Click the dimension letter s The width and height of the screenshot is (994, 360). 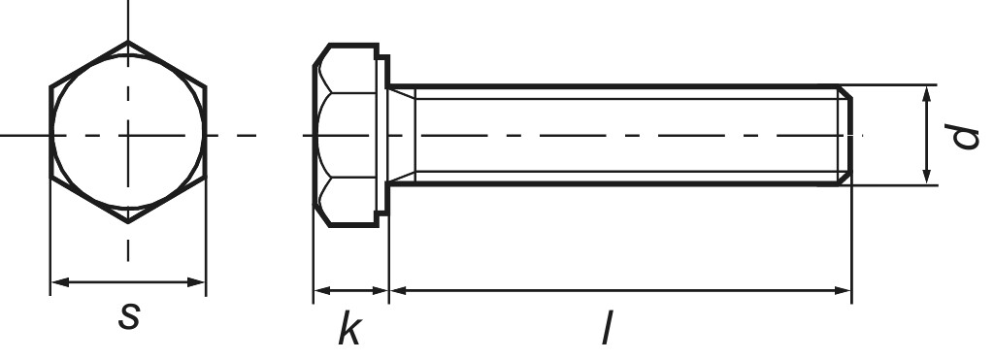coord(127,316)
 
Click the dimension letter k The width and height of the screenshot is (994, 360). coord(349,330)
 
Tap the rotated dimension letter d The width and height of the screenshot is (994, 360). coord(964,136)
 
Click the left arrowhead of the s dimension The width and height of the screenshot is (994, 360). coord(57,282)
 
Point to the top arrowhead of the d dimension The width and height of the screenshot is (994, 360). coord(928,92)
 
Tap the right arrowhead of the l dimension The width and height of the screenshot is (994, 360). coord(844,289)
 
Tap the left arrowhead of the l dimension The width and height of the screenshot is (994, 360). coord(397,289)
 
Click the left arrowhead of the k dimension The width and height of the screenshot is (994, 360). coord(319,289)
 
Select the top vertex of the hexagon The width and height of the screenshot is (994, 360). coord(128,41)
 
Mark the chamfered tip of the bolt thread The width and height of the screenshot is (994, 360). coord(845,135)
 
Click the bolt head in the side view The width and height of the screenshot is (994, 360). coord(345,135)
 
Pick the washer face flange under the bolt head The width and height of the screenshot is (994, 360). coord(383,135)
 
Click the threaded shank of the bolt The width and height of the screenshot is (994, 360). coord(621,135)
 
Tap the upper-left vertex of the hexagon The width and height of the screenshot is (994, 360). coord(50,87)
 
